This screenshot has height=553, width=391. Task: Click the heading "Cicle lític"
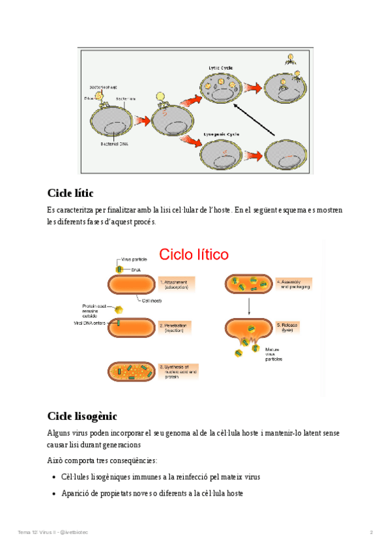(x=70, y=193)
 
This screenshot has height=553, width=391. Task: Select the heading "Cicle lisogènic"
(x=82, y=415)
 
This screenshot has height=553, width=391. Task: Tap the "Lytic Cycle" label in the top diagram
(x=221, y=67)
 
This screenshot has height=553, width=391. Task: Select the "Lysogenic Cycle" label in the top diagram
(x=220, y=134)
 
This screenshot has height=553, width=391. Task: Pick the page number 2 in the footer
(x=371, y=533)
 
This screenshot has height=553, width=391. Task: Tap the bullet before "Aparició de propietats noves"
(x=53, y=494)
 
